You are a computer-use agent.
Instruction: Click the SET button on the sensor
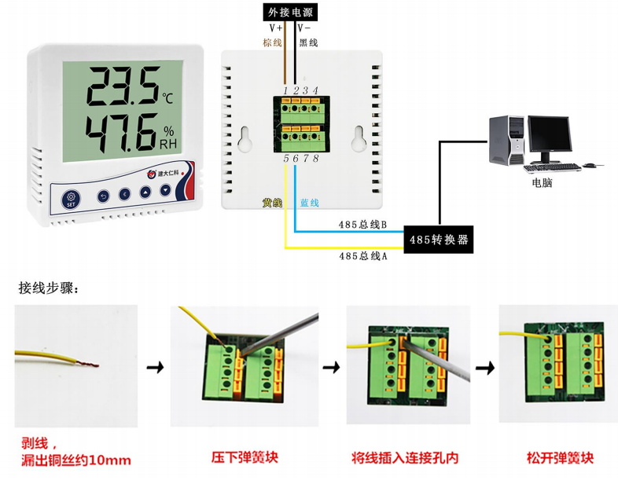[71, 196]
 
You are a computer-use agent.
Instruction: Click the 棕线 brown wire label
[272, 42]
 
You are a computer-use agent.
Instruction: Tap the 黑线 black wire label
[308, 42]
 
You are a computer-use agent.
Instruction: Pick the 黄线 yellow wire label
[272, 203]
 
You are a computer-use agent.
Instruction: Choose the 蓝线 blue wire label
[309, 203]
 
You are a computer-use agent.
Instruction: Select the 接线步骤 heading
[49, 288]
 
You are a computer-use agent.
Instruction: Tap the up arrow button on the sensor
[145, 192]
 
